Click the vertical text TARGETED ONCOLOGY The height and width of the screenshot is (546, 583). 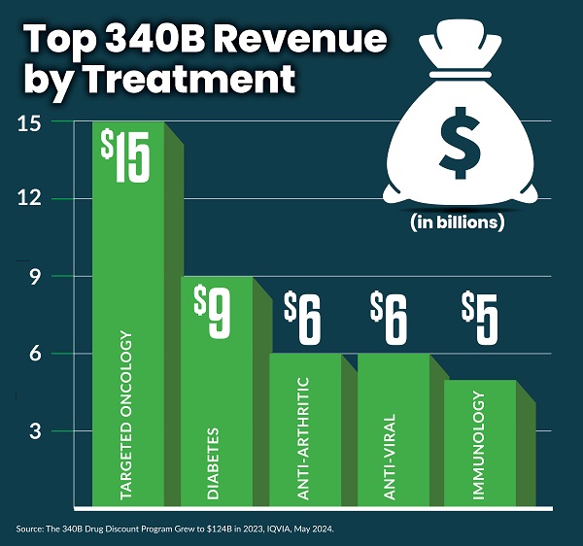125,419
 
